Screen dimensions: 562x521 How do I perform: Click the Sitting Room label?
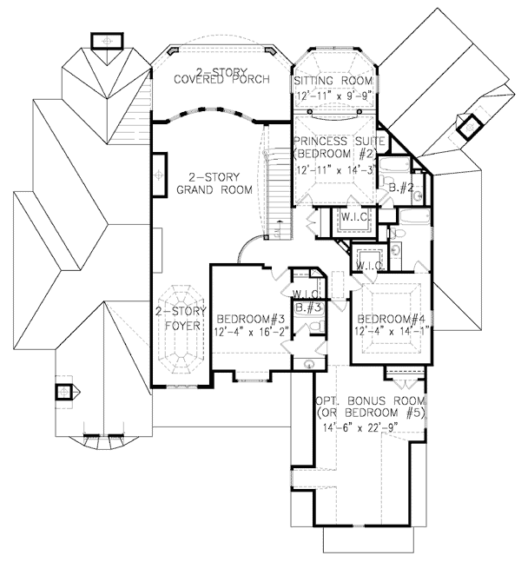tap(334, 80)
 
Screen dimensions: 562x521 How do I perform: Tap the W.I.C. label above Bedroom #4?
tap(370, 265)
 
